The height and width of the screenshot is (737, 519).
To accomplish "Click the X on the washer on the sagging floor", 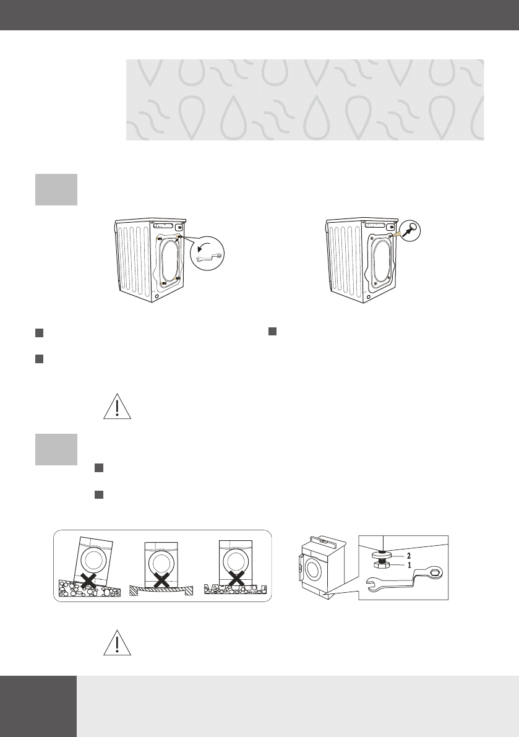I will click(x=162, y=579).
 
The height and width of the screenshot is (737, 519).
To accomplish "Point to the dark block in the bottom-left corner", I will click(x=38, y=706).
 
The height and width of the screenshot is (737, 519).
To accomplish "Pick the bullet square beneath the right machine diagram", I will click(x=272, y=332).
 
